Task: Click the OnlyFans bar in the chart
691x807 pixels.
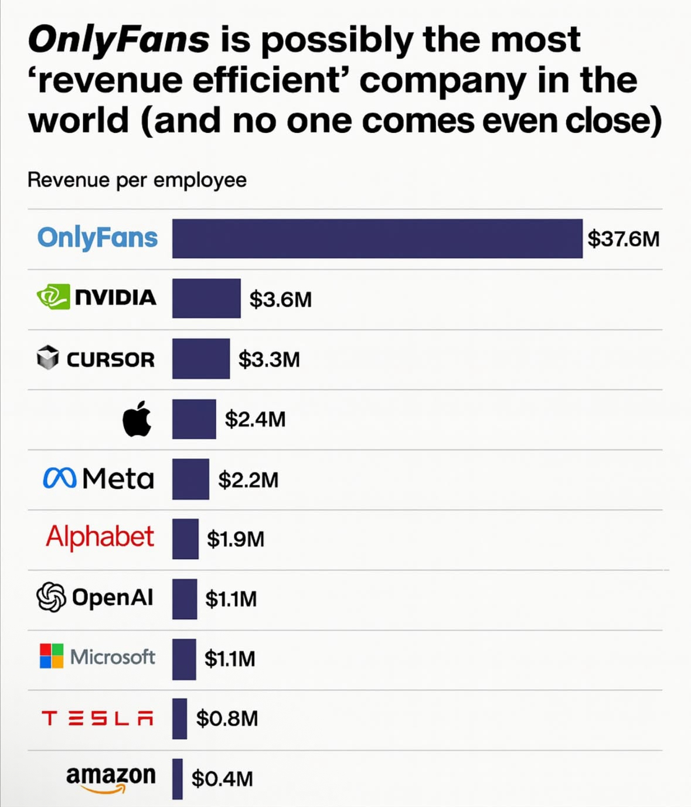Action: point(377,239)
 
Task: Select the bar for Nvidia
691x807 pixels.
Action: point(206,298)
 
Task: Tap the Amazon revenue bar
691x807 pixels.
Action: point(178,778)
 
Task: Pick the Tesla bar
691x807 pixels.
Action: point(179,718)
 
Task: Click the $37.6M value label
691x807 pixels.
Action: point(623,239)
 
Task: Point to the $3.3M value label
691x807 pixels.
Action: point(269,359)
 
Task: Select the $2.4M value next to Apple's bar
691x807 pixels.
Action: point(255,419)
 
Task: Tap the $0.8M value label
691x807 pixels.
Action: point(227,718)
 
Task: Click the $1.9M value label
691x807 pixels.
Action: point(236,539)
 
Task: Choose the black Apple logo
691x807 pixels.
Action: point(137,419)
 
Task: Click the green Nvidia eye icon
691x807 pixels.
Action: point(53,297)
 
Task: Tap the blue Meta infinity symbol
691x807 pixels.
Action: point(59,479)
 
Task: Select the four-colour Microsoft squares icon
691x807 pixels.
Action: point(52,656)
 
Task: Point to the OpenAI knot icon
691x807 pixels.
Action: point(51,597)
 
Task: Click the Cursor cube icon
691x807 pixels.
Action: point(47,357)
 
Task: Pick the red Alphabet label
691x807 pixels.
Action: point(100,537)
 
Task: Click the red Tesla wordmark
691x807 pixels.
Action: point(98,718)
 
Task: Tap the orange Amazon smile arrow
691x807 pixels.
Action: point(104,789)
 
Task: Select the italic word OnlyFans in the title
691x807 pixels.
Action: point(118,39)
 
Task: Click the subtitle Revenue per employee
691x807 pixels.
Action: point(137,180)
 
